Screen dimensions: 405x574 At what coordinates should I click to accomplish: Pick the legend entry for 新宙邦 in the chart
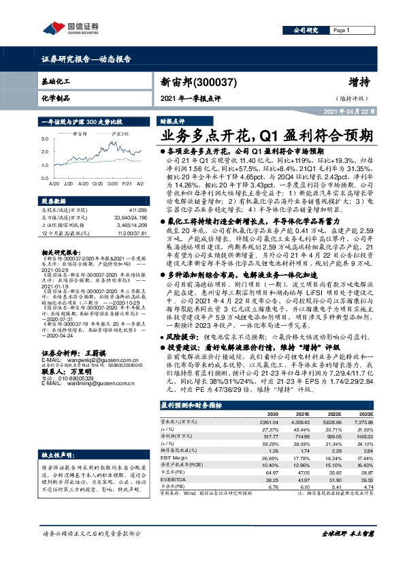(x=80, y=136)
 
